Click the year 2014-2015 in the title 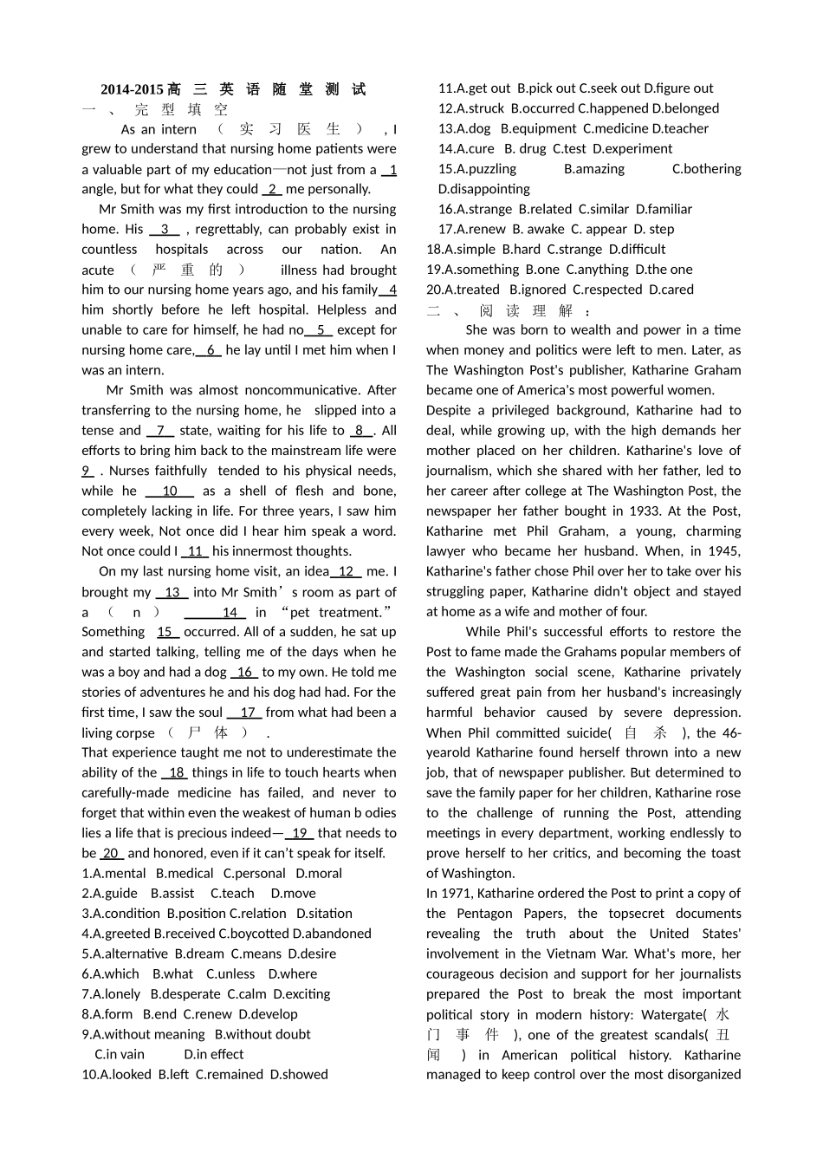pyautogui.click(x=132, y=89)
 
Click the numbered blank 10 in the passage pyautogui.click(x=170, y=491)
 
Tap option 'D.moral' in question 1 pyautogui.click(x=319, y=874)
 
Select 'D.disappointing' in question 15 pyautogui.click(x=484, y=189)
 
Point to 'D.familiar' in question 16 pyautogui.click(x=664, y=209)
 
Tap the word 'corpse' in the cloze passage pyautogui.click(x=135, y=733)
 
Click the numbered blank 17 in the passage pyautogui.click(x=248, y=713)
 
